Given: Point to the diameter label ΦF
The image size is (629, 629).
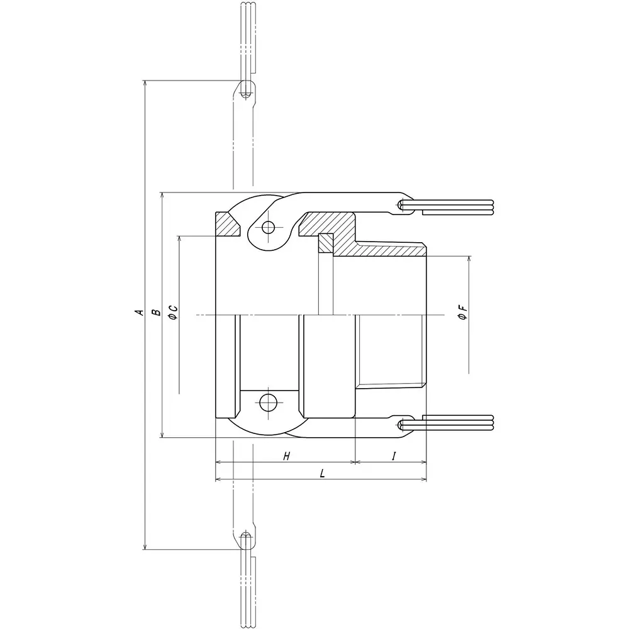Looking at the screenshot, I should click(462, 313).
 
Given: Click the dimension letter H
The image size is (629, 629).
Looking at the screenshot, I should click(286, 456).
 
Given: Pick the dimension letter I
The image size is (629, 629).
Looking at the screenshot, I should click(393, 456).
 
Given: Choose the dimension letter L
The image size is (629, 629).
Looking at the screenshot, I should click(322, 474).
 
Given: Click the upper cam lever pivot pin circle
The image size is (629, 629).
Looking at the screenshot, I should click(269, 227).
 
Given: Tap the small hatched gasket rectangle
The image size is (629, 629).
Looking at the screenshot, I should click(325, 243).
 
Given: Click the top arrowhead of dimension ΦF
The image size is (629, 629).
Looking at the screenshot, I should click(469, 260).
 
